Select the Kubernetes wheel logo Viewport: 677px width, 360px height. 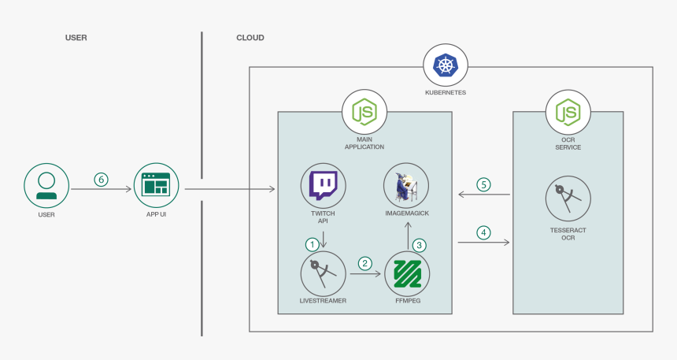446,65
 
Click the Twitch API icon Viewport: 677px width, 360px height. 324,186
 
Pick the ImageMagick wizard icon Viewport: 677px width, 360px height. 406,186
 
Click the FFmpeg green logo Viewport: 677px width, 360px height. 407,273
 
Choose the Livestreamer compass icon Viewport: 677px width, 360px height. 324,273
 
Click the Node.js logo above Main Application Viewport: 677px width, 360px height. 364,112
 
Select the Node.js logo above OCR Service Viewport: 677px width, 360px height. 568,112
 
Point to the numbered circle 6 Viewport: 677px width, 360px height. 101,179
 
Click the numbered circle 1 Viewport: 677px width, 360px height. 313,245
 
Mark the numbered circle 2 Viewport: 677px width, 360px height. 364,263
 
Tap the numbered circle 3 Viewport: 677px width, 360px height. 420,245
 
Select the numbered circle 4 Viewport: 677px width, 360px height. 484,232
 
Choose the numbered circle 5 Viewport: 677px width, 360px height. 484,184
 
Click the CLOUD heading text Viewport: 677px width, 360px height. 250,38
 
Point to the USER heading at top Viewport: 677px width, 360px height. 76,38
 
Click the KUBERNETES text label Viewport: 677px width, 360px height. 446,92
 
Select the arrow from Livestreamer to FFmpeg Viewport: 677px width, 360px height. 365,274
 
